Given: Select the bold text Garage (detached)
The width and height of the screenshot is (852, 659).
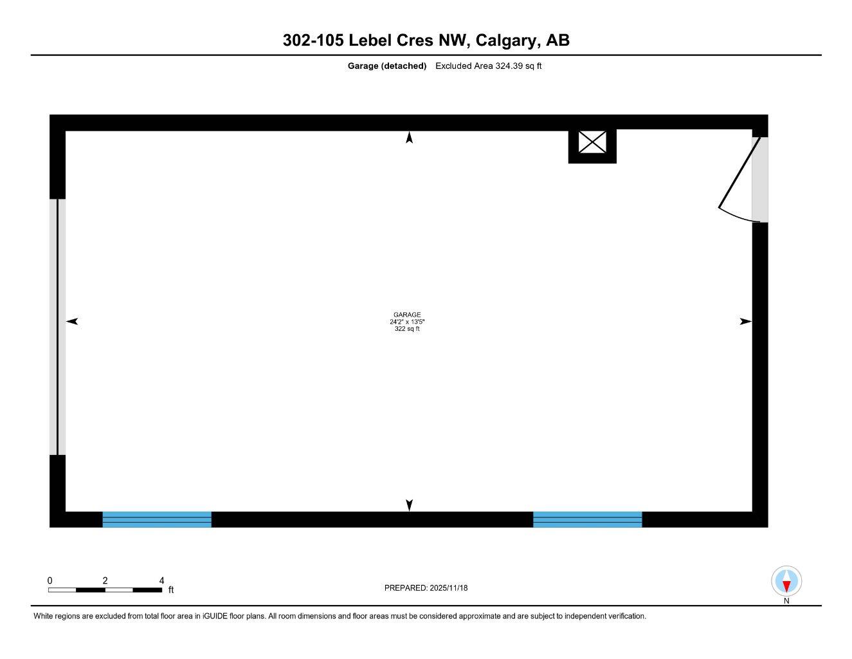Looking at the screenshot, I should pos(387,66).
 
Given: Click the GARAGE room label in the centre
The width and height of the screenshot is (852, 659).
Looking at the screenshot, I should pos(407,315).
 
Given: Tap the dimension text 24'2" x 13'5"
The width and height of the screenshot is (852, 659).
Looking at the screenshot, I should pos(407,322).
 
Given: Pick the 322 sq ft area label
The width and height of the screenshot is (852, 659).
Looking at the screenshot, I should pos(407,329).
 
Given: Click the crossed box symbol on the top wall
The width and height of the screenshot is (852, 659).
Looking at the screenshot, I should pos(592,142).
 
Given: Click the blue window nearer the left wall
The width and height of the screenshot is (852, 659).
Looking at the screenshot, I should pos(157,519).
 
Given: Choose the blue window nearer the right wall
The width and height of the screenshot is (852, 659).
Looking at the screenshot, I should pos(587,519).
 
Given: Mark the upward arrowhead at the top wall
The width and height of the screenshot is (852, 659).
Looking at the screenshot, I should pos(409,137).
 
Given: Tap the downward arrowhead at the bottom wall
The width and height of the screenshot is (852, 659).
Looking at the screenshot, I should pos(409,505).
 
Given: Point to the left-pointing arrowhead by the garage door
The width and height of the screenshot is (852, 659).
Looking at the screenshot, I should pos(72,321).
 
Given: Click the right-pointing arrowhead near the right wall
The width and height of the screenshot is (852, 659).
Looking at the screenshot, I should pos(745,321).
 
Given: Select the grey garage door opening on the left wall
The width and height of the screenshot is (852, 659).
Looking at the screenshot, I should pos(57,327).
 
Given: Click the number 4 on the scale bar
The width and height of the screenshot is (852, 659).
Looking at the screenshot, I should pos(161,580).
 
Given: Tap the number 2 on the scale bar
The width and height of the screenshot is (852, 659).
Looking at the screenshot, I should pos(105,580).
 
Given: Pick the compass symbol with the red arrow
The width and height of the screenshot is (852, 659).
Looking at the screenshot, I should pos(786,582).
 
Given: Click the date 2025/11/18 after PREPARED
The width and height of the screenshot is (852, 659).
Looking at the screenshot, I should pos(449,588).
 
